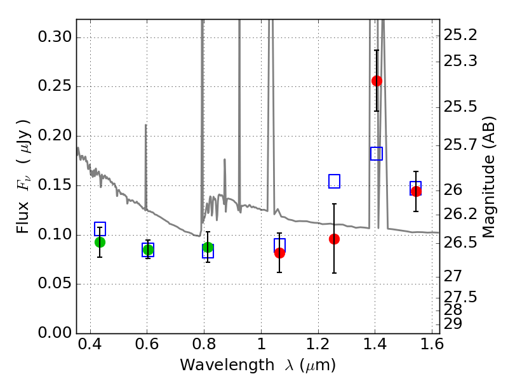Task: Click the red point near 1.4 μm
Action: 377,81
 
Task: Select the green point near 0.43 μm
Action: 100,242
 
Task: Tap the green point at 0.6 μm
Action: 148,250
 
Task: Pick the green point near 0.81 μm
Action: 208,248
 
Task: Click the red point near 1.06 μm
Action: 279,253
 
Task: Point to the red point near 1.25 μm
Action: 335,239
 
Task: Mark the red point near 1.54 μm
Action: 416,192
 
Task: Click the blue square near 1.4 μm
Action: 377,154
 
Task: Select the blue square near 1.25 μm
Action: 335,181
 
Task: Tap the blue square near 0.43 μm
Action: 100,229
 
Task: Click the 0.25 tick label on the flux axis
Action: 55,86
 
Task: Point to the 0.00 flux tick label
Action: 55,333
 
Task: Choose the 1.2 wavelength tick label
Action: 318,344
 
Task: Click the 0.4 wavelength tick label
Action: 90,344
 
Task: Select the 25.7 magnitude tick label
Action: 460,145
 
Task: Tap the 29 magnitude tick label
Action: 453,324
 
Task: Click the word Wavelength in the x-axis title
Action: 227,365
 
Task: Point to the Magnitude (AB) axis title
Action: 488,177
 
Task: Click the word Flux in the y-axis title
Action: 23,217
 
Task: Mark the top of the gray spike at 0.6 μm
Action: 146,124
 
